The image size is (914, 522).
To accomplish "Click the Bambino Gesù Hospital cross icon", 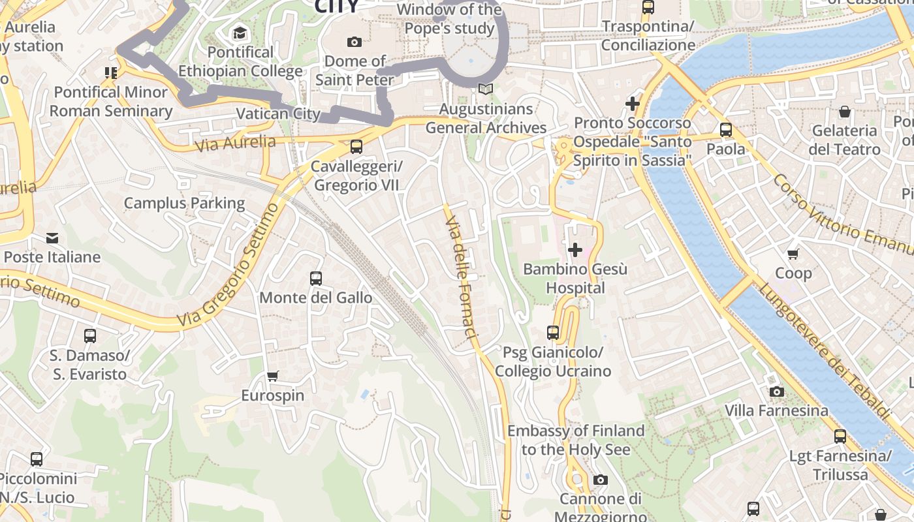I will [x=575, y=250].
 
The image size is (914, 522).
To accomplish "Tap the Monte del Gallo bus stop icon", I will [x=316, y=279].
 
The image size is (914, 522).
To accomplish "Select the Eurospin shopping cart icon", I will [x=272, y=376].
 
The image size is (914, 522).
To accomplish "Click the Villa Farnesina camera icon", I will [x=776, y=391].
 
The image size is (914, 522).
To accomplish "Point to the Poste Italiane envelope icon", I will [x=52, y=238].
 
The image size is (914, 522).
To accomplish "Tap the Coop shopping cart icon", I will [x=793, y=254].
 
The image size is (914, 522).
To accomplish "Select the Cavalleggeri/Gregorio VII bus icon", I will [x=356, y=147].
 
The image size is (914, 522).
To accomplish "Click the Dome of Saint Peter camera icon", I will [x=355, y=42].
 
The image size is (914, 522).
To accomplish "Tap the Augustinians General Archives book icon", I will [x=485, y=89].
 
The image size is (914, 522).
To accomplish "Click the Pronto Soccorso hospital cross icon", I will [x=632, y=104].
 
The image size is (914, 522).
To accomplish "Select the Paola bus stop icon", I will [x=726, y=130].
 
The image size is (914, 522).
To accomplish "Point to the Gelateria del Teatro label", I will [x=844, y=140].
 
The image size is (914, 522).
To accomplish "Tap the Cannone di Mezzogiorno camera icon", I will [x=600, y=480].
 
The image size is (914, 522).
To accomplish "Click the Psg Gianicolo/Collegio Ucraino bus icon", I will [x=553, y=333].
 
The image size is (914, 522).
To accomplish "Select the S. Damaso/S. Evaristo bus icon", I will [x=90, y=336].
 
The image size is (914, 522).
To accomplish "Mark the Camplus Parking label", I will [x=184, y=203].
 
